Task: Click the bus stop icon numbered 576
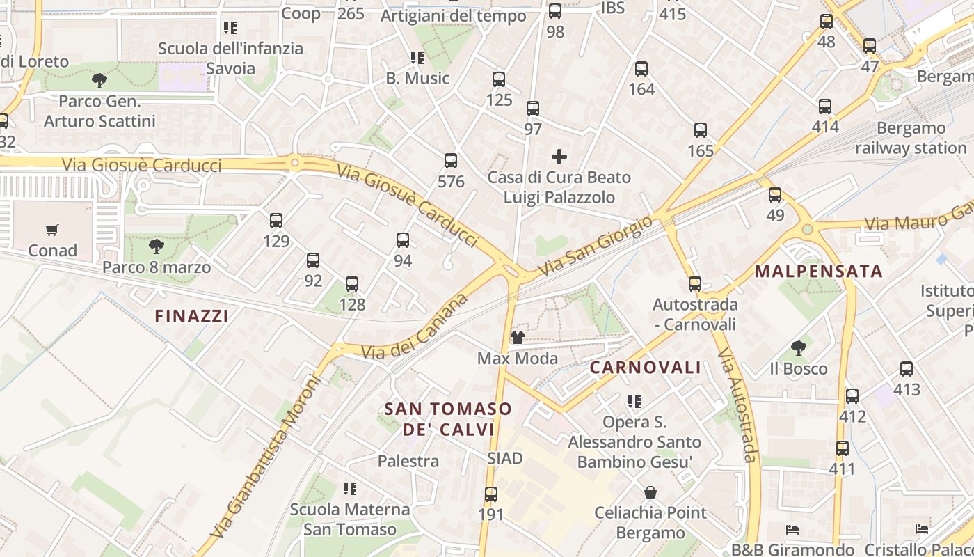(x=451, y=161)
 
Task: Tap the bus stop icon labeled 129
(x=276, y=221)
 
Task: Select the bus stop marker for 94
(x=403, y=240)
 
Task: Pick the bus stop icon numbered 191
(x=491, y=494)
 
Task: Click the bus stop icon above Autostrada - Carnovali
(x=695, y=283)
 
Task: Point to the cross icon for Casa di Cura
(x=559, y=157)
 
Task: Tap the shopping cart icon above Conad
(x=52, y=230)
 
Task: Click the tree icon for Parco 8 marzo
(x=157, y=246)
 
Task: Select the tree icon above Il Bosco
(x=799, y=347)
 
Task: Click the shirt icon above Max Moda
(x=518, y=338)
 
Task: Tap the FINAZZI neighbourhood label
(x=191, y=316)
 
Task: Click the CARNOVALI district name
(x=646, y=368)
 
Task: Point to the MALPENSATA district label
(x=818, y=272)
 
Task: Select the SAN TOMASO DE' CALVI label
(x=449, y=419)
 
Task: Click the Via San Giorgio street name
(x=596, y=246)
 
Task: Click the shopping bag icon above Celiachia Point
(x=650, y=492)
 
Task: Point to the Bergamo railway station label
(x=911, y=138)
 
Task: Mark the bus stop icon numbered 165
(x=701, y=130)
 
